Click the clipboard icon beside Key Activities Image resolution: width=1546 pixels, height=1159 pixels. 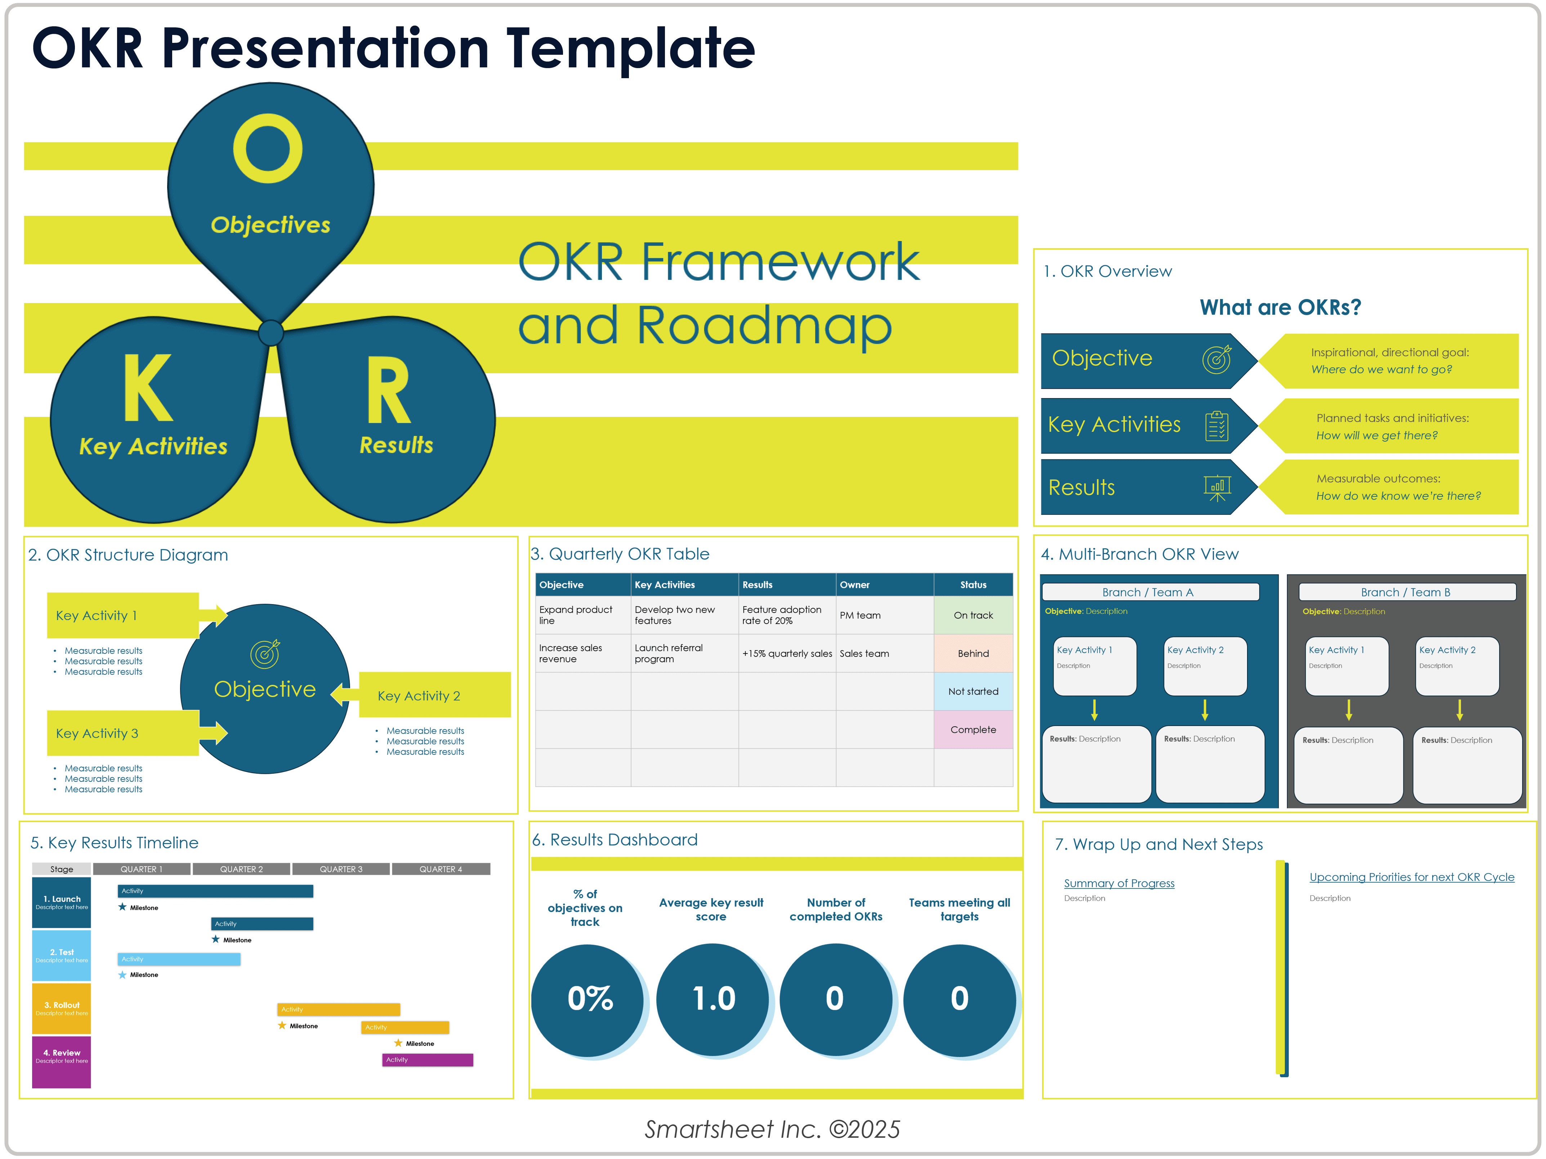[x=1217, y=426]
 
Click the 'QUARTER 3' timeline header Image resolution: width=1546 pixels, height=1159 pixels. [x=341, y=869]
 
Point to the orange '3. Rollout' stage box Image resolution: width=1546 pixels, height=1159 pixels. [x=62, y=1008]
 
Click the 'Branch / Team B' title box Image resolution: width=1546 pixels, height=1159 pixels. [x=1406, y=592]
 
